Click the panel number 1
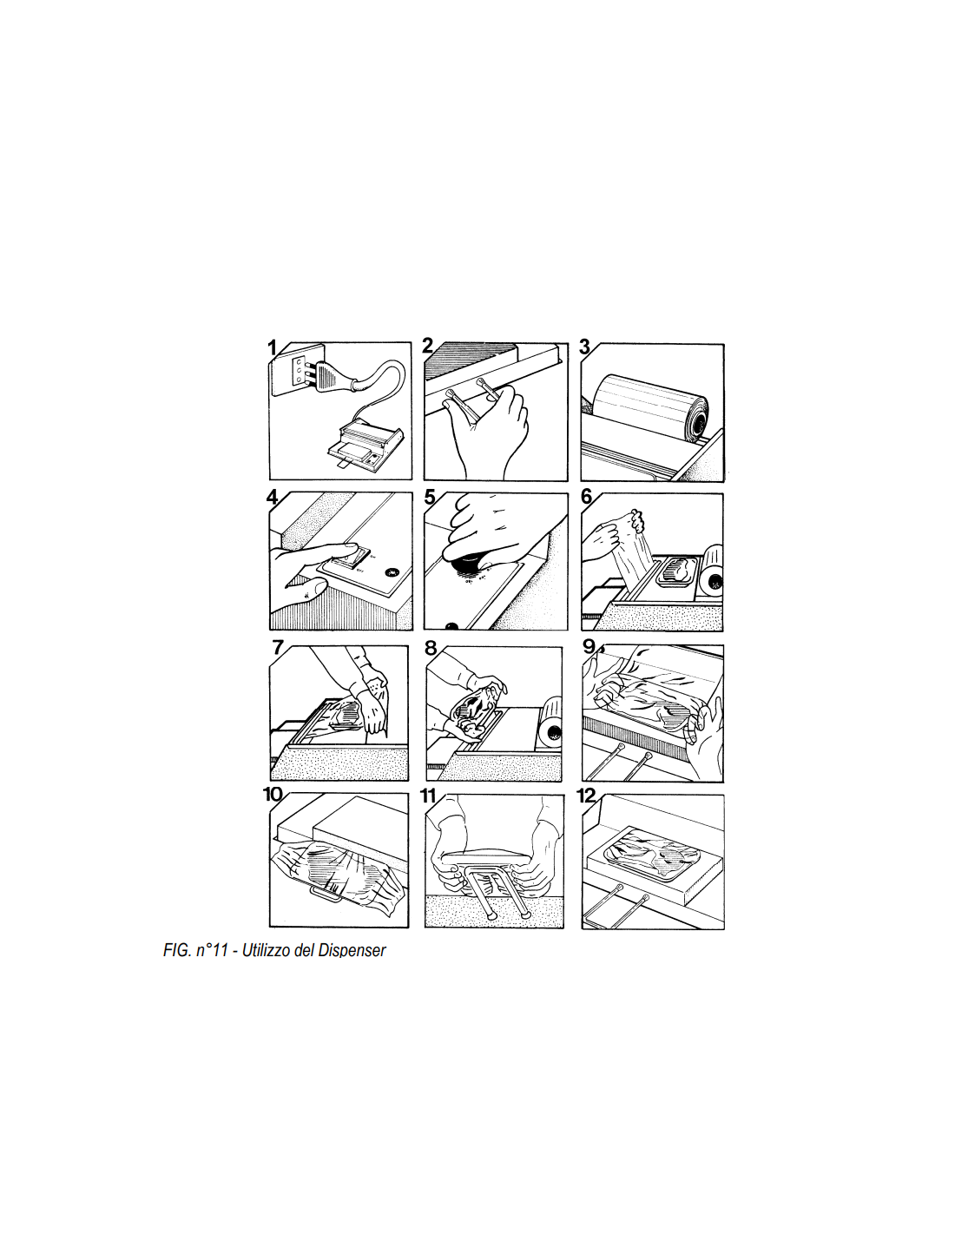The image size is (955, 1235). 272,347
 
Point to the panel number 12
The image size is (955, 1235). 586,796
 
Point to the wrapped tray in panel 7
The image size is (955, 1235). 344,715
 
